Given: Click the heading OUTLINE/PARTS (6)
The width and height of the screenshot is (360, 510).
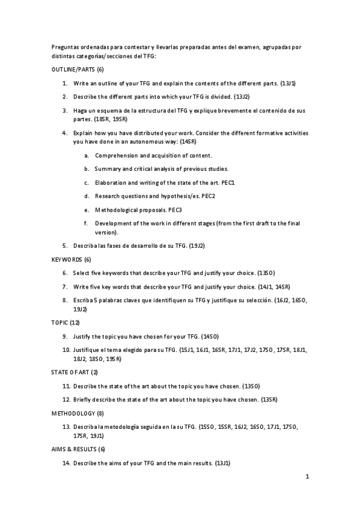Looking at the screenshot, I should pyautogui.click(x=78, y=70).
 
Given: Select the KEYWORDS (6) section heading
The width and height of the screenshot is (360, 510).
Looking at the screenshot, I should pyautogui.click(x=71, y=259).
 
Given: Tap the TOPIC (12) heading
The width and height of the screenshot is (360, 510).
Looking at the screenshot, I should pyautogui.click(x=66, y=323).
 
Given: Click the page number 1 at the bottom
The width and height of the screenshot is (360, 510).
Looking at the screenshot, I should pyautogui.click(x=307, y=478).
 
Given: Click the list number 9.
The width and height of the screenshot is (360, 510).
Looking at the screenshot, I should pyautogui.click(x=65, y=336).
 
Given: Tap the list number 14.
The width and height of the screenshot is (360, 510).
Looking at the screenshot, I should pyautogui.click(x=66, y=463).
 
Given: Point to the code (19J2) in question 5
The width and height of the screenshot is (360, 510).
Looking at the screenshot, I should pyautogui.click(x=197, y=246).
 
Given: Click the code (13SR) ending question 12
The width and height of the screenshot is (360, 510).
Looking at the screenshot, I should pyautogui.click(x=268, y=399).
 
